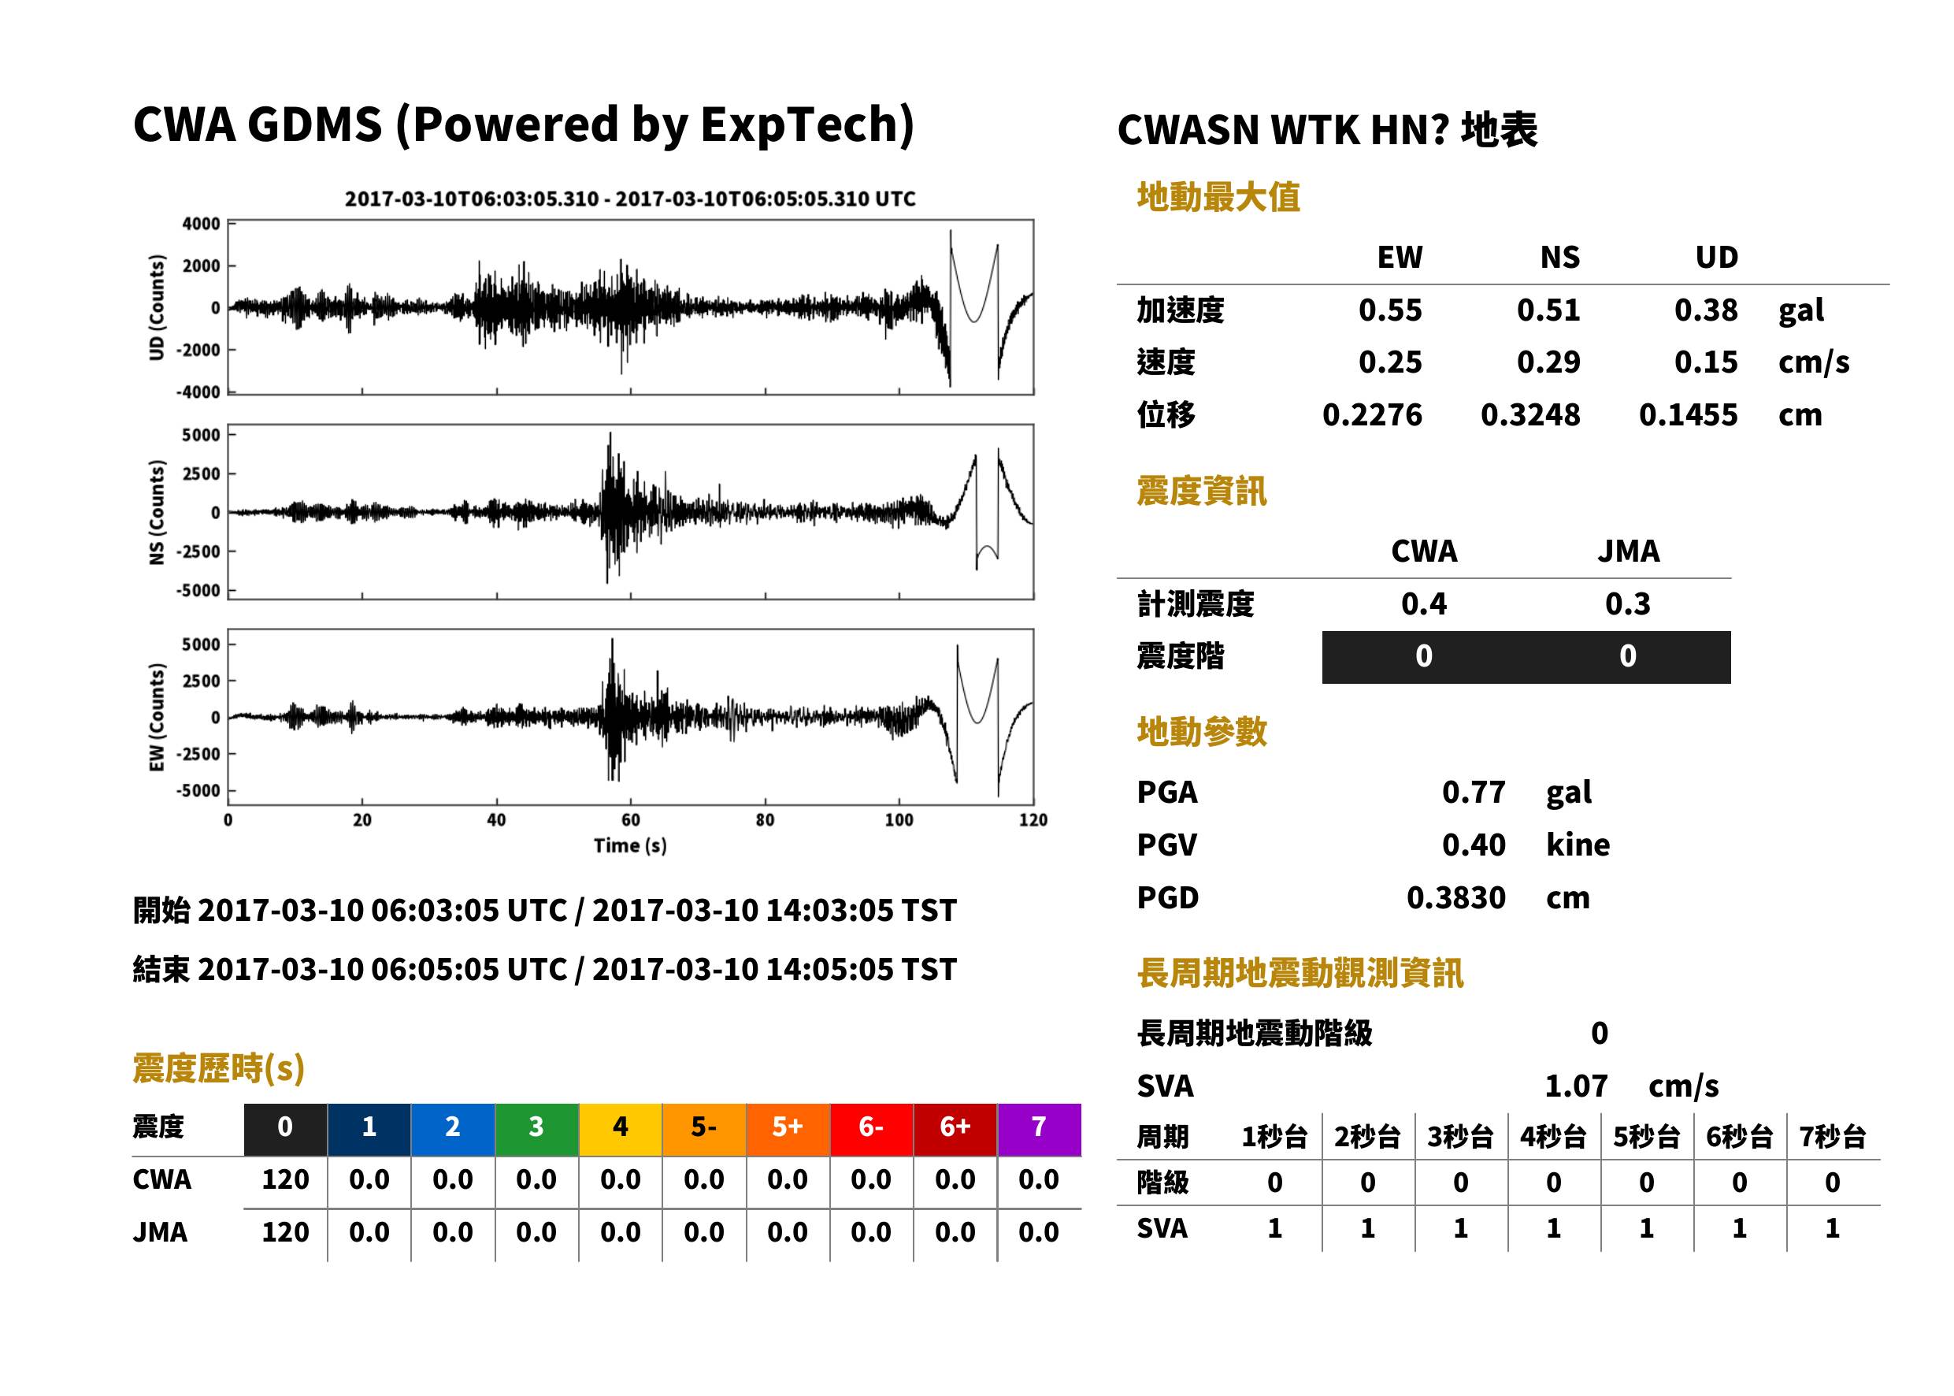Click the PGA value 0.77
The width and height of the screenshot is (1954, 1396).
point(1473,792)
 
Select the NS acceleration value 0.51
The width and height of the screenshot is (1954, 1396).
point(1548,310)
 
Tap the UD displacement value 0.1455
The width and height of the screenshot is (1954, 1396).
point(1688,414)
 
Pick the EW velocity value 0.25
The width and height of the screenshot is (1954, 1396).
point(1389,362)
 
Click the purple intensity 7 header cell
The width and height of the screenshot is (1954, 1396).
point(1039,1129)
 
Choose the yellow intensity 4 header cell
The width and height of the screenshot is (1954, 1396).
point(621,1129)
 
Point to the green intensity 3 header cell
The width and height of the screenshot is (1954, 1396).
point(536,1129)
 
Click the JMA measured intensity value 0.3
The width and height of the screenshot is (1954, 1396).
point(1627,603)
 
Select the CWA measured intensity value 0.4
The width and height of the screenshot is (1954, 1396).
point(1424,603)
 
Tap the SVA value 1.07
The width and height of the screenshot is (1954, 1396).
point(1576,1086)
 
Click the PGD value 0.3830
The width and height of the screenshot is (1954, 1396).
point(1455,897)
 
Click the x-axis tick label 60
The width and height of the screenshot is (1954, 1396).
point(631,820)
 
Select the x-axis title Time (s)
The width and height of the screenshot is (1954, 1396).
point(630,846)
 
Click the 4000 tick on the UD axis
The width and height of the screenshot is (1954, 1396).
point(201,224)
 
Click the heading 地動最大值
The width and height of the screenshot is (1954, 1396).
point(1218,197)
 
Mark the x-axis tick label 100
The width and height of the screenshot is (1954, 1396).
point(899,820)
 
